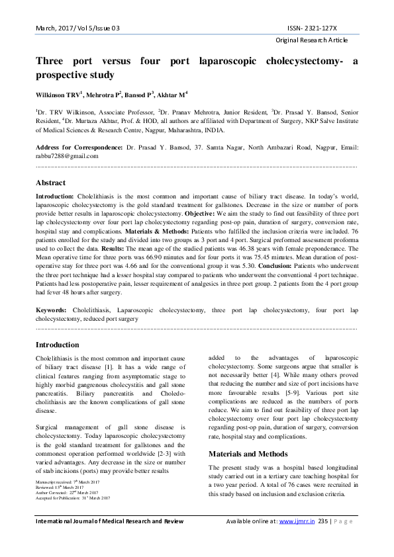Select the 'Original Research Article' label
[317, 41]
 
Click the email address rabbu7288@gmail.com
[67, 156]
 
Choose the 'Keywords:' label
[50, 310]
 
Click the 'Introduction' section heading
[57, 345]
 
